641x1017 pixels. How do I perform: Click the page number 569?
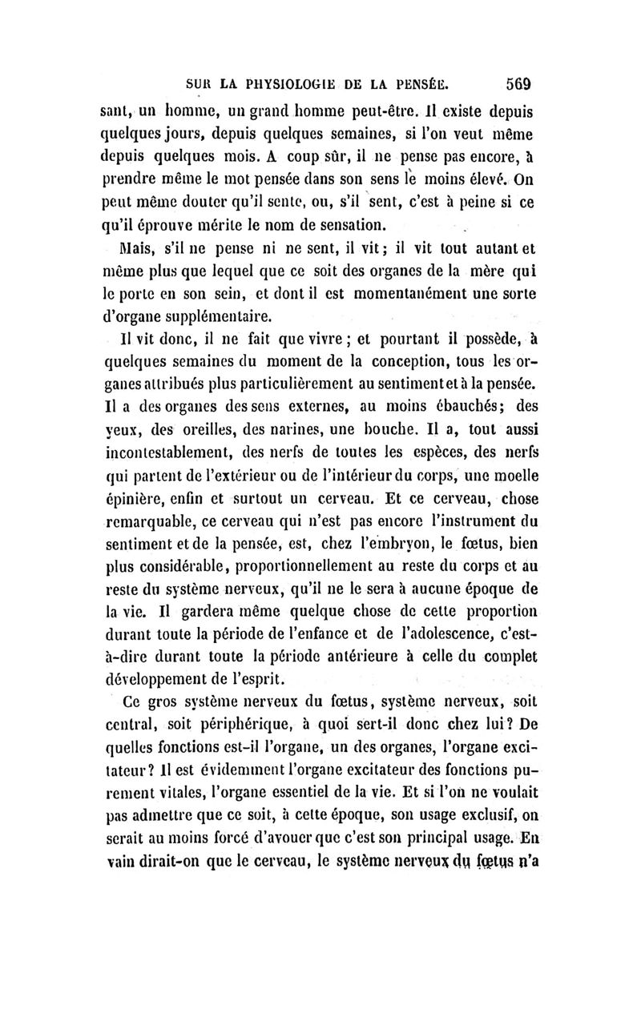coord(521,82)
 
